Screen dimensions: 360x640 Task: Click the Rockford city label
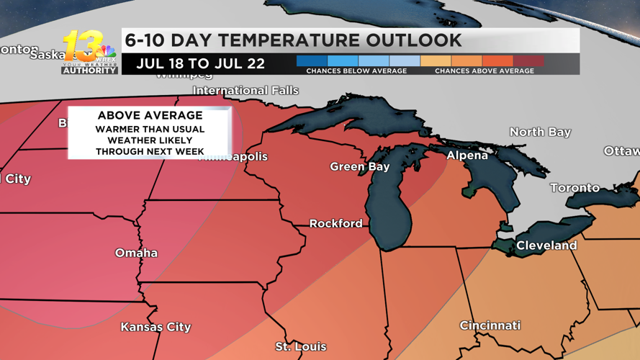point(335,223)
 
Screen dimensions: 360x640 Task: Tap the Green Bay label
point(359,166)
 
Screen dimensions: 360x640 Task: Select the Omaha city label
point(136,253)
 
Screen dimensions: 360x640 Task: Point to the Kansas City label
point(156,327)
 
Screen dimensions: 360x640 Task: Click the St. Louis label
point(300,347)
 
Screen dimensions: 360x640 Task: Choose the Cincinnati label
point(490,325)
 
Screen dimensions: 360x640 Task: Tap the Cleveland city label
point(546,246)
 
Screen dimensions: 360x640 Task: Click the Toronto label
point(574,188)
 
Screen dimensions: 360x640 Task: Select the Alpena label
point(467,156)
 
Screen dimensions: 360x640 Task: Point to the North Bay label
point(540,132)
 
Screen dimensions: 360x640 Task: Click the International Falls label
point(245,91)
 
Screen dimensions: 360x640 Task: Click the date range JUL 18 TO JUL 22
point(200,63)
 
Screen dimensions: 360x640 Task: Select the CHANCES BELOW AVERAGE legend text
point(356,71)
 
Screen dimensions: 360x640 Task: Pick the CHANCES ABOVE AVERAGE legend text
point(484,71)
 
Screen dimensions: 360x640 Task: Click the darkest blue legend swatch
point(312,61)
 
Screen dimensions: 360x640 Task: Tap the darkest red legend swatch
point(528,61)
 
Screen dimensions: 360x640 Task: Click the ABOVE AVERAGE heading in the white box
point(150,115)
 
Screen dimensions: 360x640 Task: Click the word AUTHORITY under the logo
point(89,71)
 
